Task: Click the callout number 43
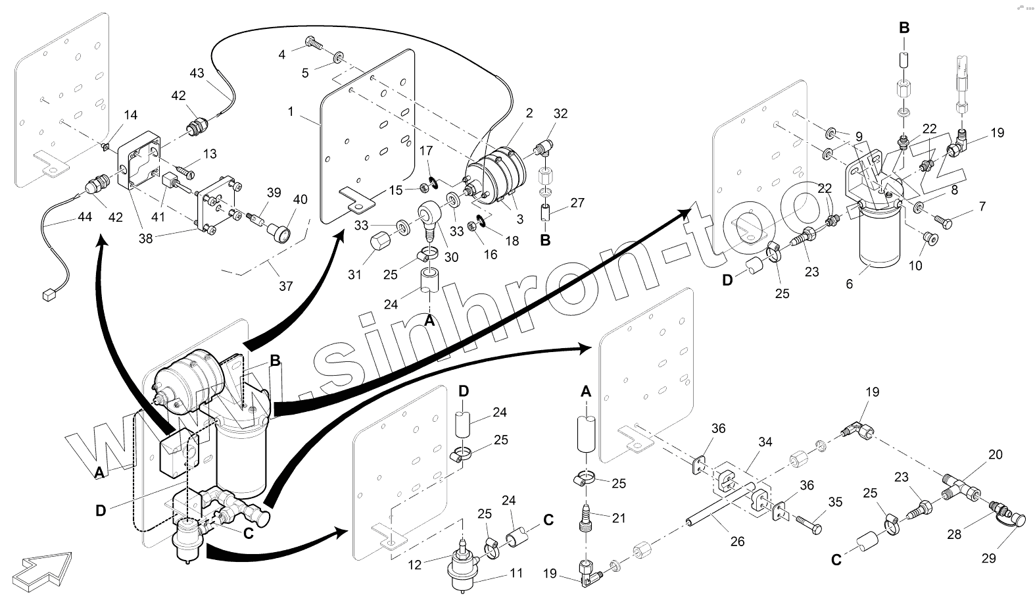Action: coord(197,73)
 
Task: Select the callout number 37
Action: coord(285,286)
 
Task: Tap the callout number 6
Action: coord(849,284)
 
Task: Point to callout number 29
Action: coord(988,558)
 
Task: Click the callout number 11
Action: coord(516,573)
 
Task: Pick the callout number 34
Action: coord(765,442)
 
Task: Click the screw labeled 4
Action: coord(314,45)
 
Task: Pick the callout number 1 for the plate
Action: coord(290,112)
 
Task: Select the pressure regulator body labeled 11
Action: coord(465,572)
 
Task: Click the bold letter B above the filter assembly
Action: coord(904,28)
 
